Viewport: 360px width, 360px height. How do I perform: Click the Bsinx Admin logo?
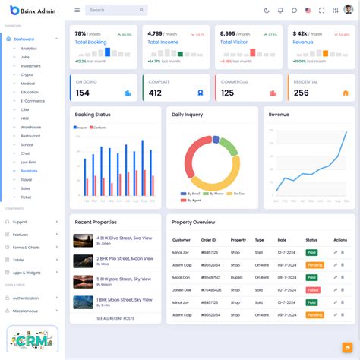point(33,10)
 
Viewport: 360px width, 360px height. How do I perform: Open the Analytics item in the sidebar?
point(29,49)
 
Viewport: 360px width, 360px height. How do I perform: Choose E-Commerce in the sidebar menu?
point(33,101)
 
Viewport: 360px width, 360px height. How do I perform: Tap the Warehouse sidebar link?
point(31,127)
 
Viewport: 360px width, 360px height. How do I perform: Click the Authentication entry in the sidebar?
point(26,298)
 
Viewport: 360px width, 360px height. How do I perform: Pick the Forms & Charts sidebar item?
point(27,248)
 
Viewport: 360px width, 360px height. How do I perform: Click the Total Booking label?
point(90,43)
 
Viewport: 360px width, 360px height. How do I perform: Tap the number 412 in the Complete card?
point(155,93)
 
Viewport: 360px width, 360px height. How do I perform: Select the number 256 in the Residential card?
point(302,93)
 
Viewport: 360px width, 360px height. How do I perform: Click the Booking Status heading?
point(93,114)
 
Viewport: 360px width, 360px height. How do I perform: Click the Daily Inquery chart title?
point(187,115)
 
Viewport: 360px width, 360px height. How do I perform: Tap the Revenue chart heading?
point(279,114)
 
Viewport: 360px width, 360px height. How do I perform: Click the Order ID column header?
point(208,240)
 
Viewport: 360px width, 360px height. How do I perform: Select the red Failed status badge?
point(312,289)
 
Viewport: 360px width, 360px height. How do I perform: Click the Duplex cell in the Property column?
point(238,277)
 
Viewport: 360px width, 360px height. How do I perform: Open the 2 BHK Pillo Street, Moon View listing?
point(125,259)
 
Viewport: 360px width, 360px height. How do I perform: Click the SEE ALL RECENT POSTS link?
point(115,318)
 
